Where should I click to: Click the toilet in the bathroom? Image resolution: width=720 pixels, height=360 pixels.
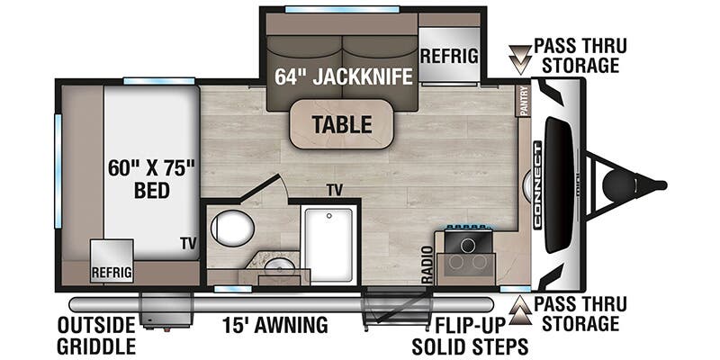tap(232, 229)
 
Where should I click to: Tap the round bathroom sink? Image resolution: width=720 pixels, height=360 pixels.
tap(279, 265)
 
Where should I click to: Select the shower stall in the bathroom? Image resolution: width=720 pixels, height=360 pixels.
tap(328, 241)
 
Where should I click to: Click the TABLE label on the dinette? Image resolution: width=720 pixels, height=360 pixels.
tap(341, 124)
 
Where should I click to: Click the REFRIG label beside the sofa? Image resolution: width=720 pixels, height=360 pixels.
tap(449, 56)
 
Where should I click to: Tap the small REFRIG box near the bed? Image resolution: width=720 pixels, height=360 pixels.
tap(111, 262)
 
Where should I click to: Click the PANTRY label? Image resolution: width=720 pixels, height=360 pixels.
tap(524, 101)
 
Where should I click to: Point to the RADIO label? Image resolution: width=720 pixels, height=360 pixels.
tap(427, 262)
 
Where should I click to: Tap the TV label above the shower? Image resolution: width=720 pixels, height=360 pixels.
tap(336, 190)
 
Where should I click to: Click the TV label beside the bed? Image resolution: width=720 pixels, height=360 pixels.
tap(187, 243)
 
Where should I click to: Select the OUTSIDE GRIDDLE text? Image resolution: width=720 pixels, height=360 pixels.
tap(95, 334)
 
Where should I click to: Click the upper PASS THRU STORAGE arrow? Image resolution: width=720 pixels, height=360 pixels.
tap(519, 56)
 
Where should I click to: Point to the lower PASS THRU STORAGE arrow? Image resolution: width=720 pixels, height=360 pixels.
tap(519, 310)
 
